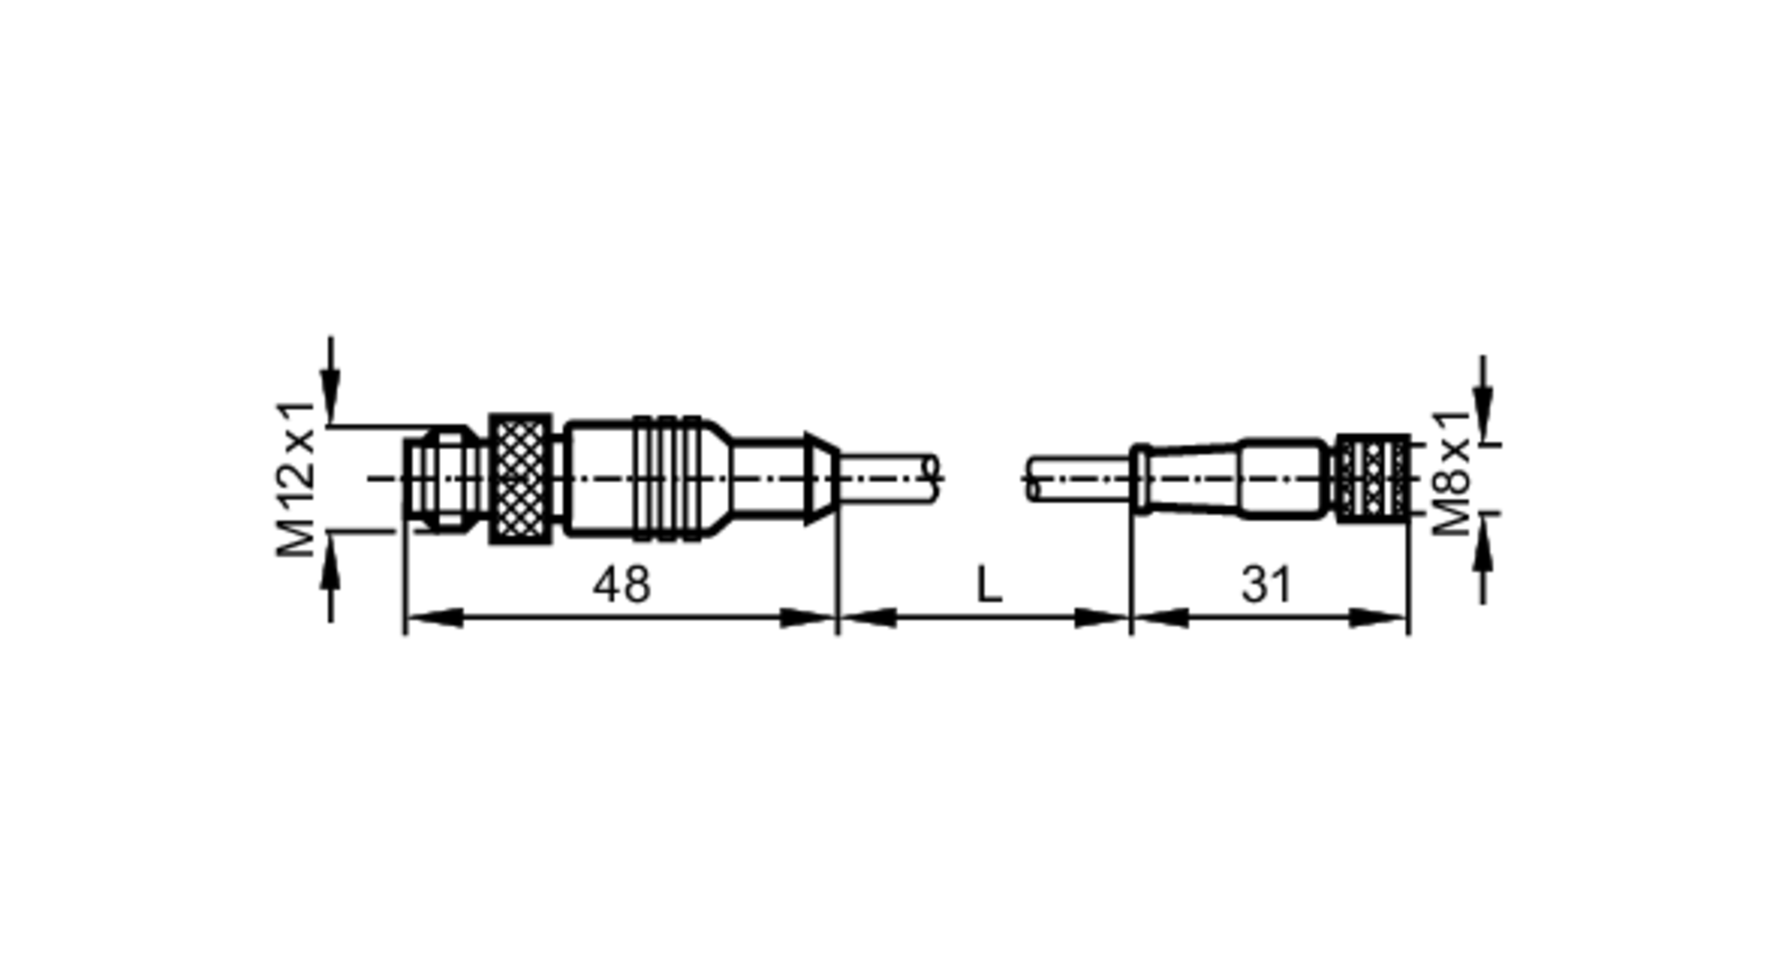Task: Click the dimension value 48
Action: (621, 585)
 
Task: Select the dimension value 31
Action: (1266, 585)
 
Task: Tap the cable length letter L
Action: (989, 585)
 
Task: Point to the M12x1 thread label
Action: (297, 479)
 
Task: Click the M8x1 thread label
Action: (1451, 473)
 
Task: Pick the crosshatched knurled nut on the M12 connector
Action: (520, 479)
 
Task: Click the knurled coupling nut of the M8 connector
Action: (1373, 479)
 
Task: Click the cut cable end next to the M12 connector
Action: (891, 479)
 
